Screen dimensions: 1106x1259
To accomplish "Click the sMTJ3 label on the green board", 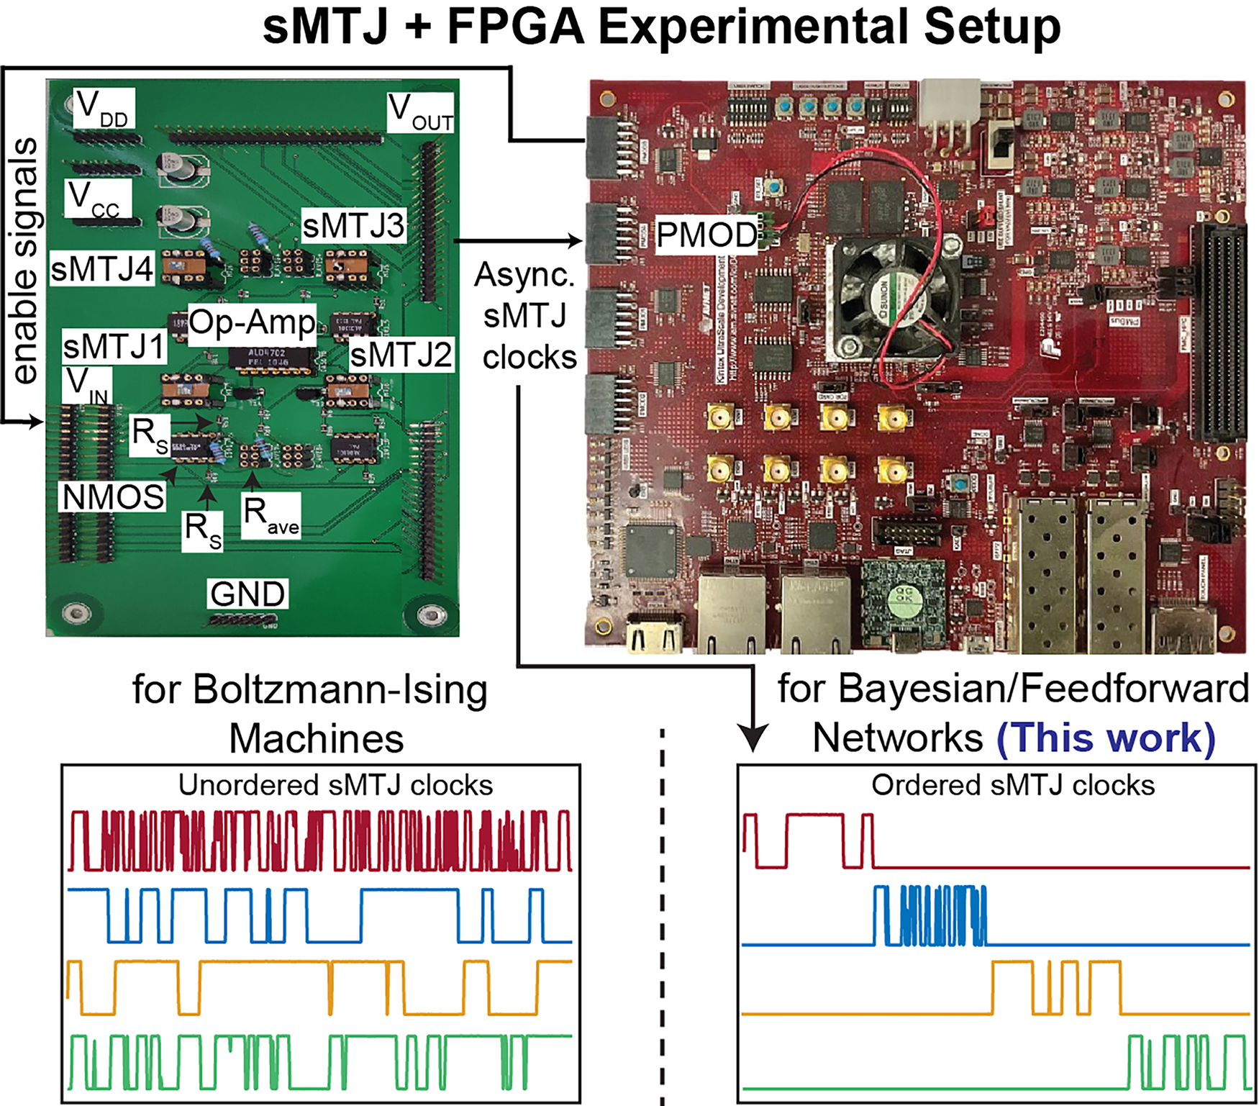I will point(354,226).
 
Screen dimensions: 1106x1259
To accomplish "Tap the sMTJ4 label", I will point(102,269).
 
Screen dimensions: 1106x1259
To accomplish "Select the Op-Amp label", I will point(253,323).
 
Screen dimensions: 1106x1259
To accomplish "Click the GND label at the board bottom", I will point(247,594).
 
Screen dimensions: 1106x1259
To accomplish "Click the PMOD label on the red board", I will point(706,235).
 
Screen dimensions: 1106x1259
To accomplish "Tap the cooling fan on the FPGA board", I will point(894,296).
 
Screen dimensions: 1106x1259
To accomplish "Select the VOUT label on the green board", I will point(421,113).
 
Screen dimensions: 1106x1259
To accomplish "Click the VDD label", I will point(104,109).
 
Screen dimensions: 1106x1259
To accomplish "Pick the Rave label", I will point(271,515).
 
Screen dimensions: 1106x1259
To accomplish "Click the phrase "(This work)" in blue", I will point(1106,738).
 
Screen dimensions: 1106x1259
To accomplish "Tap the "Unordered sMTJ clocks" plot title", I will point(335,785).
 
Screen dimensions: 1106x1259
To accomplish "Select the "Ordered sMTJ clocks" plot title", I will point(1013,785).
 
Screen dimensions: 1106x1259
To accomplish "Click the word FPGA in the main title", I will point(514,27).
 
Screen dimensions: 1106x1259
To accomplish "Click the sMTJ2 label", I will point(401,355).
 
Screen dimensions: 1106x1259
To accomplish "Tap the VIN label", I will point(87,386).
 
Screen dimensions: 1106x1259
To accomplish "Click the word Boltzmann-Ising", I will point(340,689).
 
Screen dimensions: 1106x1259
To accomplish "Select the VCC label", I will point(97,199).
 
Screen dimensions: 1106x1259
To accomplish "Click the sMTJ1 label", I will point(114,347).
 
